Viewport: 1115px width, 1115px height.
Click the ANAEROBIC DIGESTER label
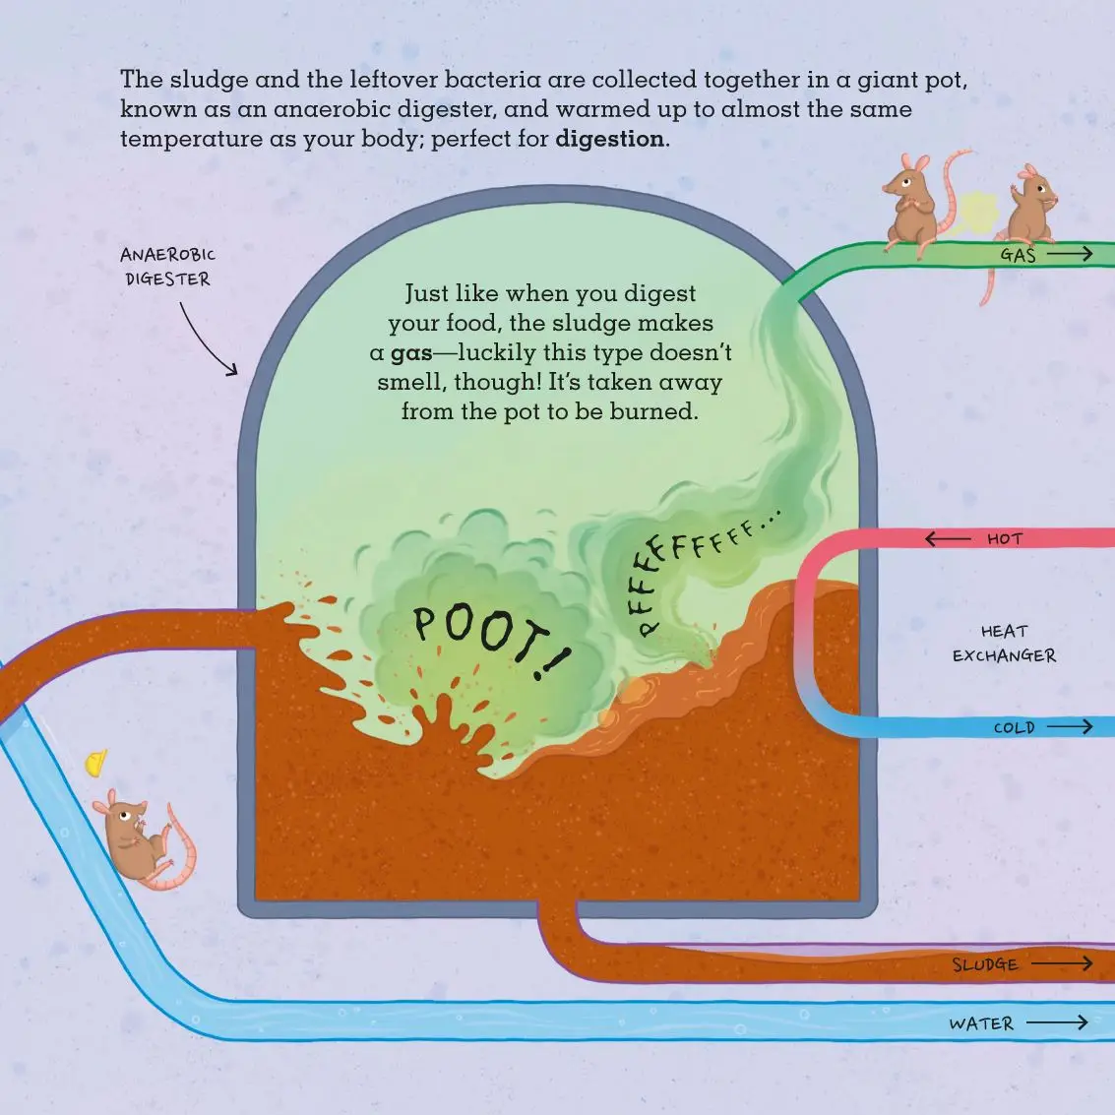(167, 267)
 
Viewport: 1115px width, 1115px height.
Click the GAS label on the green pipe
(1018, 255)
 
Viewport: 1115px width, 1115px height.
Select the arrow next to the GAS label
(1070, 254)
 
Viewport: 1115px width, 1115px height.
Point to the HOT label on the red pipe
(1005, 539)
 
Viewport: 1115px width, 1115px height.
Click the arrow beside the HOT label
(948, 539)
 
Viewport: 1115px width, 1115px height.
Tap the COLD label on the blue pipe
(1014, 728)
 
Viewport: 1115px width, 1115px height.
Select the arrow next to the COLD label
(1070, 727)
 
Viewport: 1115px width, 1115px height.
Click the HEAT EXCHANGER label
(1004, 644)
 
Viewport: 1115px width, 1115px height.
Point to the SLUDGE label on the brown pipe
(984, 964)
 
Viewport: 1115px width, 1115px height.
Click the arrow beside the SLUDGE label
(1062, 963)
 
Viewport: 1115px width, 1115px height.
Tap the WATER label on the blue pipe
(981, 1023)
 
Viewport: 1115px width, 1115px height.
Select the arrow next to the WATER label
(1057, 1023)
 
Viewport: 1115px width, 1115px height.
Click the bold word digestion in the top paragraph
(609, 139)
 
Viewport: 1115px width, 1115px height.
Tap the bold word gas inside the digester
(411, 353)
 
